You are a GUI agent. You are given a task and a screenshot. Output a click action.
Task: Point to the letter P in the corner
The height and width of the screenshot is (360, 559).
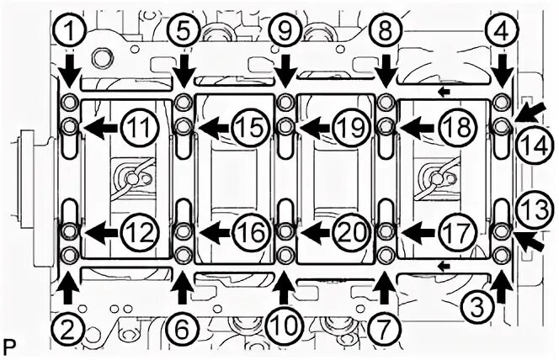click(x=10, y=345)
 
